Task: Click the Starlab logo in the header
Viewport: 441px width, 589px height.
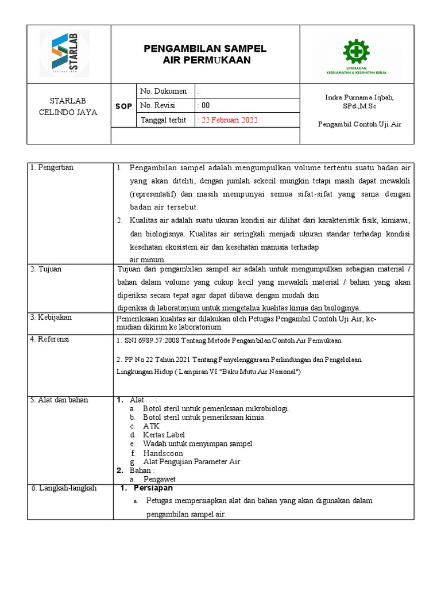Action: point(64,53)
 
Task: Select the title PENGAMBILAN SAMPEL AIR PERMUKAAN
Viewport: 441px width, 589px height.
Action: point(205,54)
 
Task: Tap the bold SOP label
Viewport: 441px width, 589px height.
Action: point(123,106)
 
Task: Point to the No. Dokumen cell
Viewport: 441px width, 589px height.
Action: point(164,91)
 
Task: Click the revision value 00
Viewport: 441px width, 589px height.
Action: point(204,106)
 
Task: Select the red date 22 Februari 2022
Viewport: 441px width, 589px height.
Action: point(227,120)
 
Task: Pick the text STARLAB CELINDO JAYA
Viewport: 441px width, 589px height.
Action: point(68,106)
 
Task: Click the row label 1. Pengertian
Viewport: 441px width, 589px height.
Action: point(52,167)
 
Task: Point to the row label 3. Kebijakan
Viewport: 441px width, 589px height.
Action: point(51,318)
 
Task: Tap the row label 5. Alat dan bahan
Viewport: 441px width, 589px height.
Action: point(59,400)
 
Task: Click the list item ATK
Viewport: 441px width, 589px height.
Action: point(151,426)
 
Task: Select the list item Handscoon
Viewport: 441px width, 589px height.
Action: point(163,453)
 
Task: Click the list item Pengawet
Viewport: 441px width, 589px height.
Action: point(159,479)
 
